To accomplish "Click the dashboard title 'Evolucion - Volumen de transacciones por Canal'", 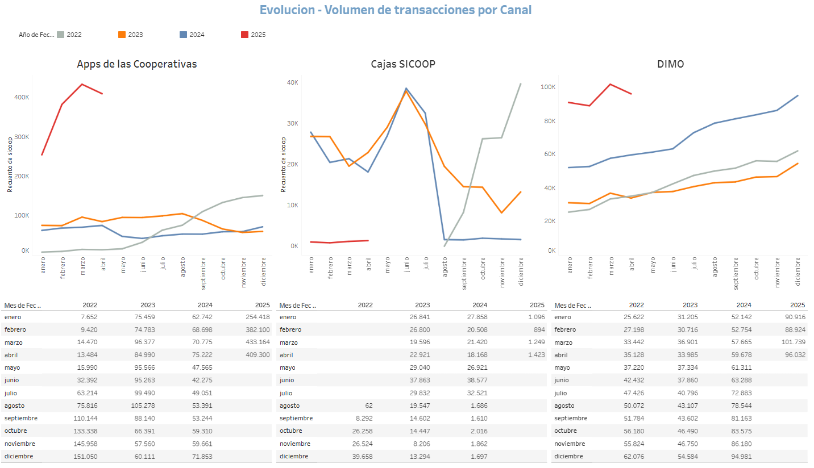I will coord(396,10).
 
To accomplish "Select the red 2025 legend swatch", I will coord(244,35).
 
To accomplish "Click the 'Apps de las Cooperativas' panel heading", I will coord(137,64).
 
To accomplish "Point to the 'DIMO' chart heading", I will coord(670,64).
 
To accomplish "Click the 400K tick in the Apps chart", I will coord(22,97).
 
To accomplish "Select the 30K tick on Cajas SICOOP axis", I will coord(293,123).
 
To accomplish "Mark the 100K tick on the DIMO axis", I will coord(548,87).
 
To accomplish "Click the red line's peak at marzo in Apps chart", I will coord(82,84).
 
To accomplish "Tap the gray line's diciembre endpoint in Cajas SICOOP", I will coord(521,83).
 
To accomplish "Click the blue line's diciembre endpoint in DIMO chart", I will coord(798,95).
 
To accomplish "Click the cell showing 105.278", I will coord(143,406).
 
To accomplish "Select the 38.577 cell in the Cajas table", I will coord(476,381).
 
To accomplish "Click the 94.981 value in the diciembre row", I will coord(737,456).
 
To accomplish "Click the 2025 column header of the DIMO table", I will coord(798,305).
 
